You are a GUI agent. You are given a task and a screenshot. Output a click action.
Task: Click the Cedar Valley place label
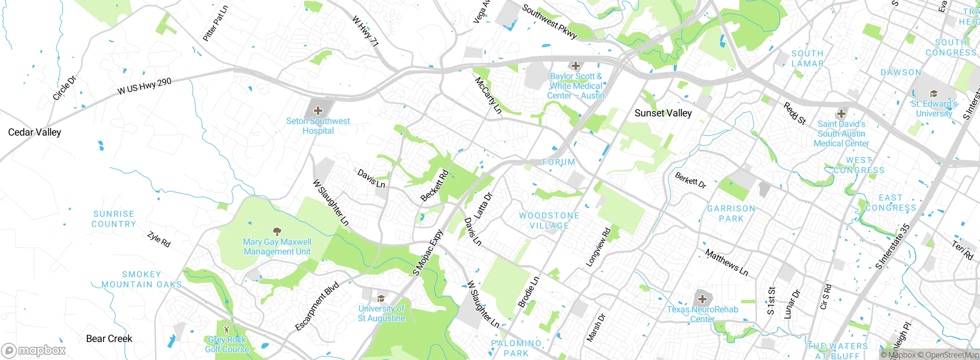click(x=34, y=133)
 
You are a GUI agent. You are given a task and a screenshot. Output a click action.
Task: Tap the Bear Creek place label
click(x=109, y=339)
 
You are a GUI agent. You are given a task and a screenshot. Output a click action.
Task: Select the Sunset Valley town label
click(x=663, y=113)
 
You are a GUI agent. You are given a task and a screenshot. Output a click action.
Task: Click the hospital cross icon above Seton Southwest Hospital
click(x=318, y=111)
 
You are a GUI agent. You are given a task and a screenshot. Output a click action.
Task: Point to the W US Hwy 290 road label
click(x=144, y=86)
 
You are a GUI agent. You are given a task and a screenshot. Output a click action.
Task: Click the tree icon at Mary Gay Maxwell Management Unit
click(x=277, y=231)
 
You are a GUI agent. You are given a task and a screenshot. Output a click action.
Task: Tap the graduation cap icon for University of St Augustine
click(x=381, y=298)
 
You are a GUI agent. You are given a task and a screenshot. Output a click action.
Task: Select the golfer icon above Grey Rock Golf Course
click(x=227, y=329)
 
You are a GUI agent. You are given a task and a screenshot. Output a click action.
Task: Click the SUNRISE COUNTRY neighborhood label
click(x=114, y=219)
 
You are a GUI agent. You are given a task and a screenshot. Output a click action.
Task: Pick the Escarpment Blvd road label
click(x=317, y=306)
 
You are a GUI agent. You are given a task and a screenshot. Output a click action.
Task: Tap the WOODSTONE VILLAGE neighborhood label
click(x=549, y=221)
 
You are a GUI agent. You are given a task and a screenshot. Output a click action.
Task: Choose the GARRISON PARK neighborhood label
click(x=731, y=213)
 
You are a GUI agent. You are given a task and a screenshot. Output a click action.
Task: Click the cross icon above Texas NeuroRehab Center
click(x=702, y=299)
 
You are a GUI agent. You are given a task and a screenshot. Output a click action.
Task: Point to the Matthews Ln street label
click(x=726, y=262)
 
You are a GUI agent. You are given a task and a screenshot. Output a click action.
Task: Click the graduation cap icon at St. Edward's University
click(x=934, y=93)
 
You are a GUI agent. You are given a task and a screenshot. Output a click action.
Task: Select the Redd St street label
click(x=795, y=113)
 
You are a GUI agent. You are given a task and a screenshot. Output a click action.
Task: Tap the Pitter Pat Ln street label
click(x=215, y=23)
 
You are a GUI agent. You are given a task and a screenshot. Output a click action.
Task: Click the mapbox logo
click(x=34, y=350)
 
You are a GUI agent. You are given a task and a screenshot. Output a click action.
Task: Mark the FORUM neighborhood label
click(x=559, y=162)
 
